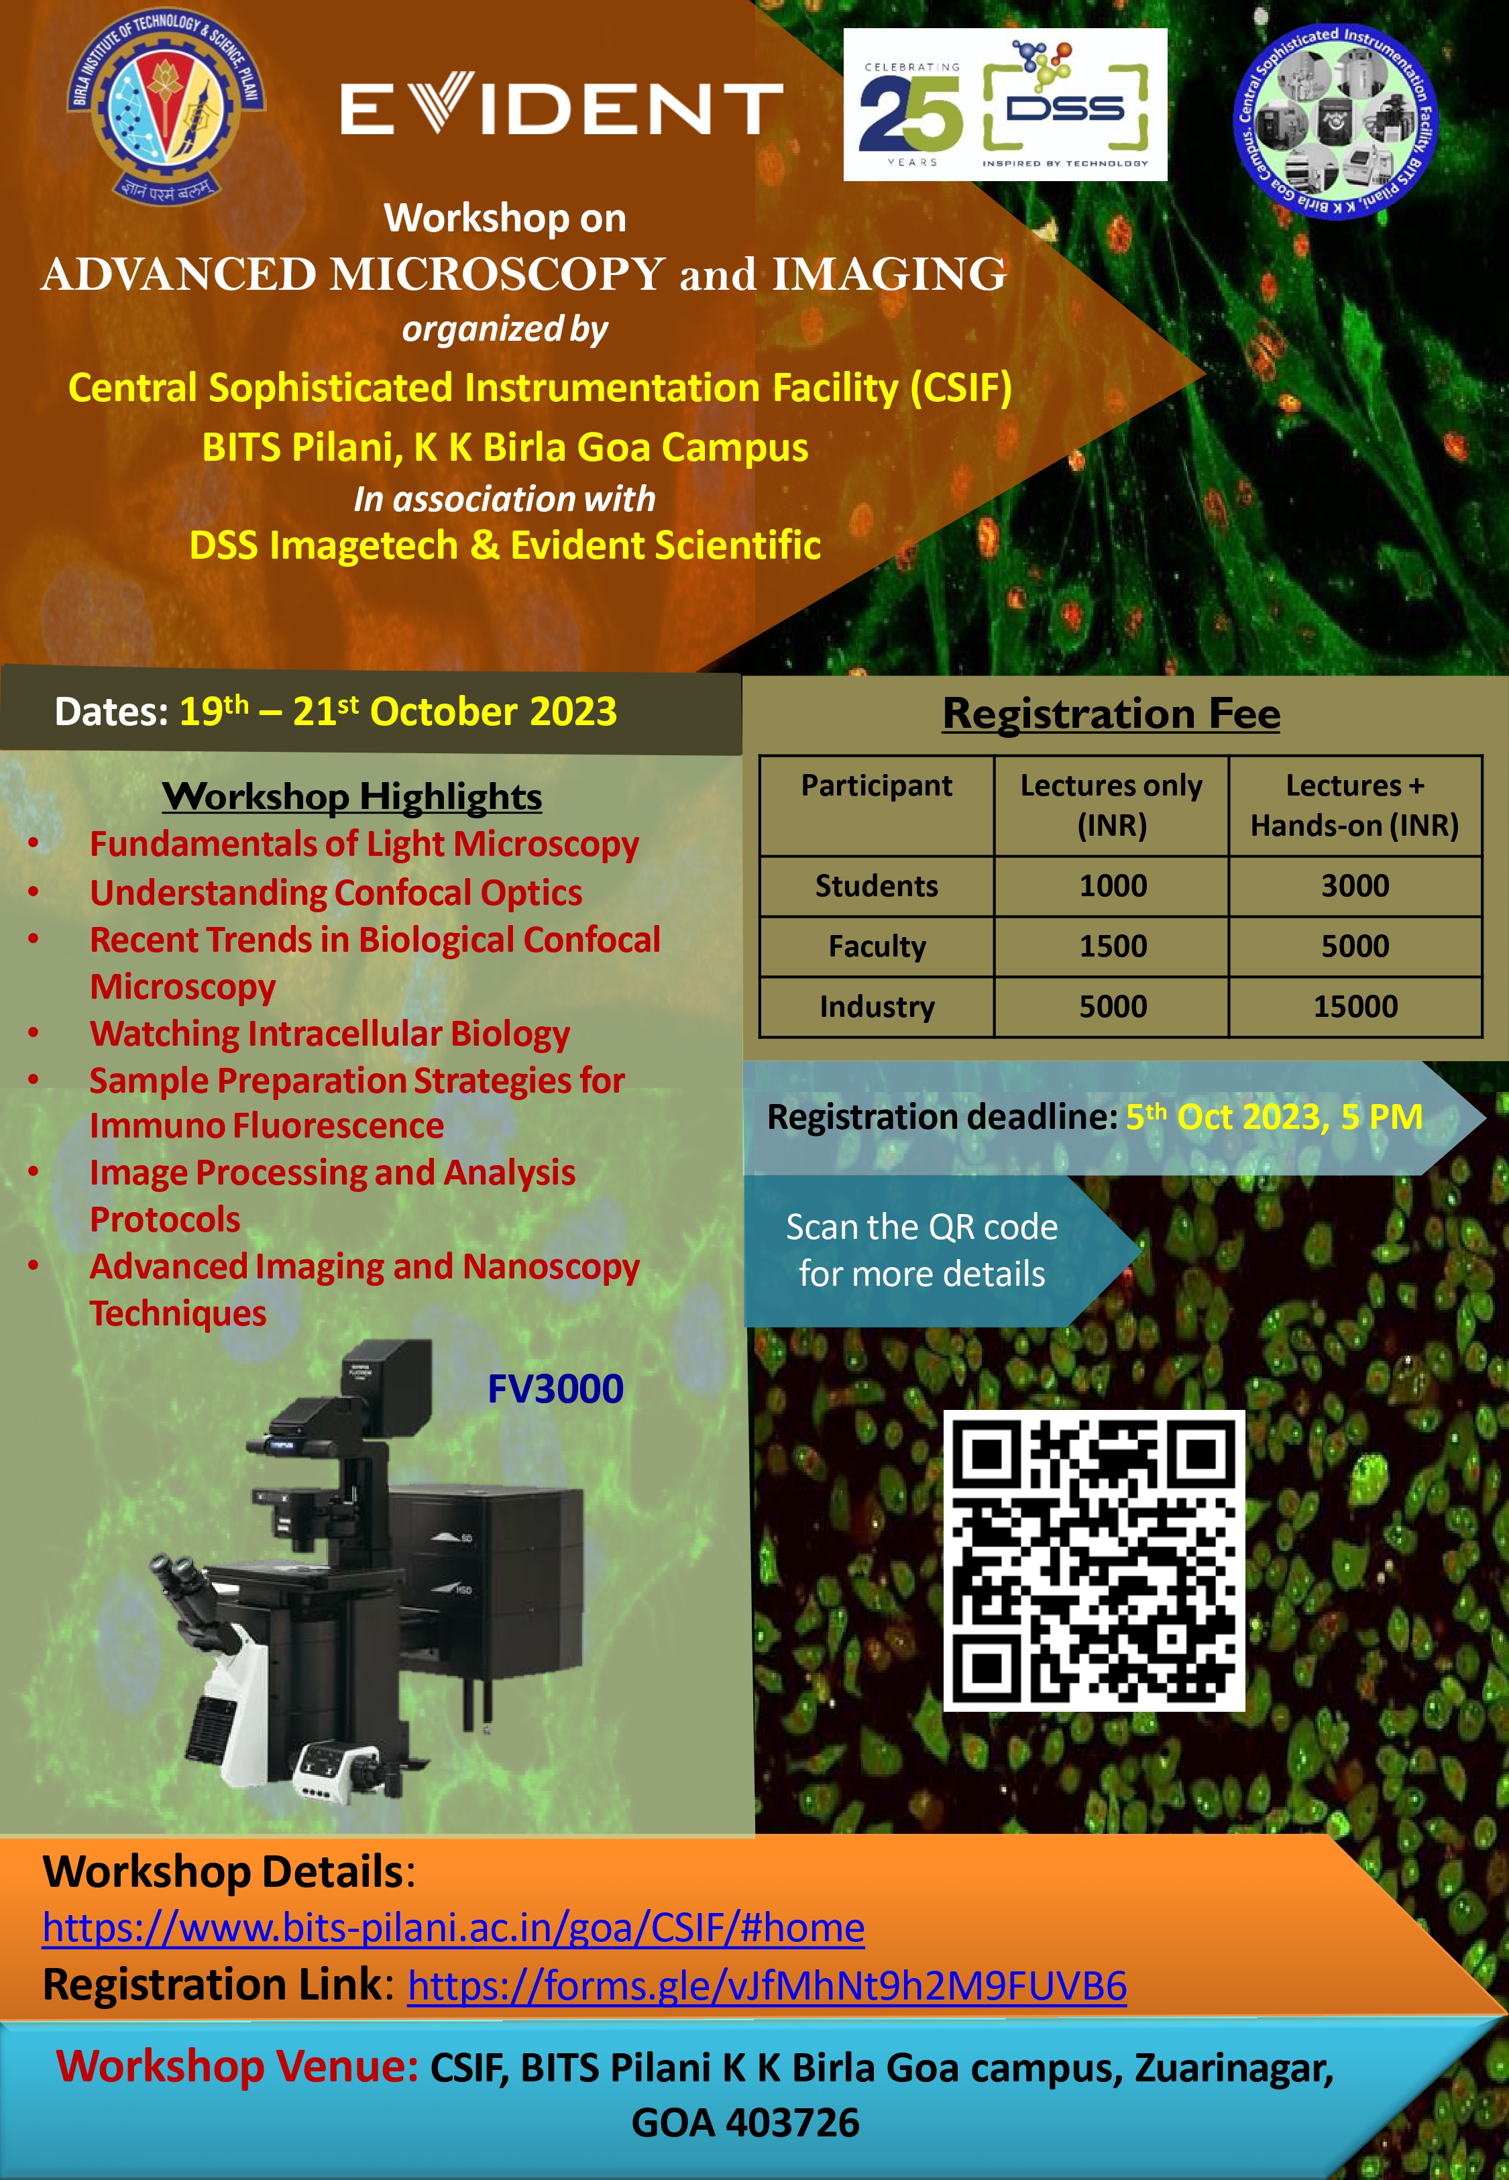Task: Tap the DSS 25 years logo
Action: click(x=1005, y=104)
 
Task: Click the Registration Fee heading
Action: click(x=1111, y=714)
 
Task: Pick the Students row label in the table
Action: click(x=877, y=886)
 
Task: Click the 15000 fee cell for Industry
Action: click(x=1355, y=1007)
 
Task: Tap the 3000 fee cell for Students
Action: click(x=1355, y=886)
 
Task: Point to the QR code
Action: click(x=1094, y=1561)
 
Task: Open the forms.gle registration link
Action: click(x=767, y=1985)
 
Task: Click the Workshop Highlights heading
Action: click(x=351, y=797)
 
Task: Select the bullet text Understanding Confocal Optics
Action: click(x=335, y=892)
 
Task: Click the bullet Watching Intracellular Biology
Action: click(x=330, y=1033)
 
